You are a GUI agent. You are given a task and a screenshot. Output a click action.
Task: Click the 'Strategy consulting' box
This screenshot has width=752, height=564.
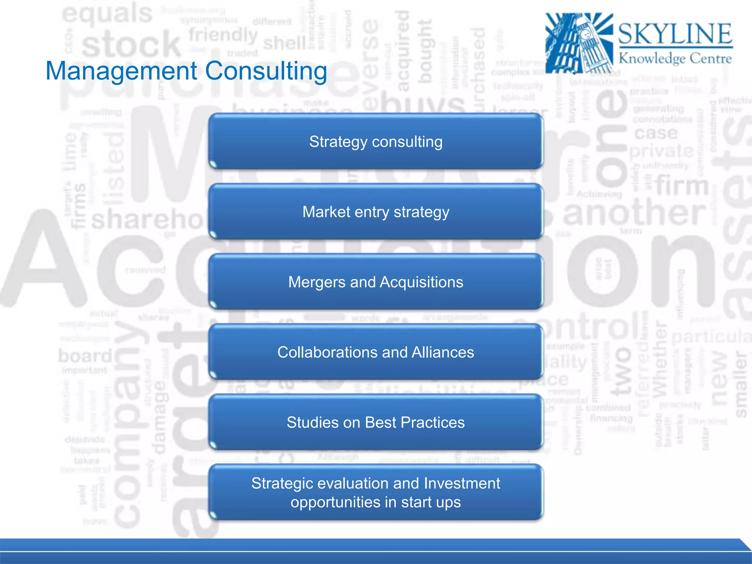pos(376,142)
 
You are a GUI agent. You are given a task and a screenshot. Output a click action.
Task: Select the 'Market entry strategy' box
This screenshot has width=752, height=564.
pos(376,212)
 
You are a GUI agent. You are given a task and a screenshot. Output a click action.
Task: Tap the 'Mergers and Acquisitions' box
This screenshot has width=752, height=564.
pos(376,282)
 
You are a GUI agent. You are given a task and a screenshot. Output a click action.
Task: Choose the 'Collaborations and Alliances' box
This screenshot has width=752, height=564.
pos(376,352)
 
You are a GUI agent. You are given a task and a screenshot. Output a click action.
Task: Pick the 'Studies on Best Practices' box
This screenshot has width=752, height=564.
pos(376,422)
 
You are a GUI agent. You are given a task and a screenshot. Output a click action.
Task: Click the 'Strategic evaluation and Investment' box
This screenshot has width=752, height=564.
pos(376,492)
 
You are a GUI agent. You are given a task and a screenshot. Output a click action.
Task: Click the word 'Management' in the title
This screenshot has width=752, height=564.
pos(122,71)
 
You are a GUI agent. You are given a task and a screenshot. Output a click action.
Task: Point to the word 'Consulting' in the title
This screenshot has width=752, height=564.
pos(266,71)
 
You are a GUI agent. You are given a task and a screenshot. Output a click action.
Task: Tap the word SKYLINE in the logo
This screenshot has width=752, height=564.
pos(675,34)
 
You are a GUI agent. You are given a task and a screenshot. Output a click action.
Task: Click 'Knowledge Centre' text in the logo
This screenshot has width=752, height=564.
pos(675,58)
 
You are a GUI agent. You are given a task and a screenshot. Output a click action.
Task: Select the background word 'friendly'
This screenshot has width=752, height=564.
pos(223,35)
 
